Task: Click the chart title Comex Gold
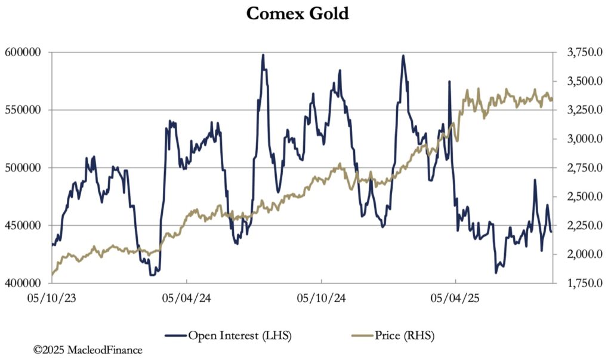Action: pos(297,13)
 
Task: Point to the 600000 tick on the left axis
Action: pos(23,53)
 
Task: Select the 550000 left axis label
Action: pos(23,110)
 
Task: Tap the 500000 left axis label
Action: pos(23,168)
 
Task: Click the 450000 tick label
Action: pos(23,226)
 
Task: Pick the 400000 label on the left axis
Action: pos(23,283)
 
